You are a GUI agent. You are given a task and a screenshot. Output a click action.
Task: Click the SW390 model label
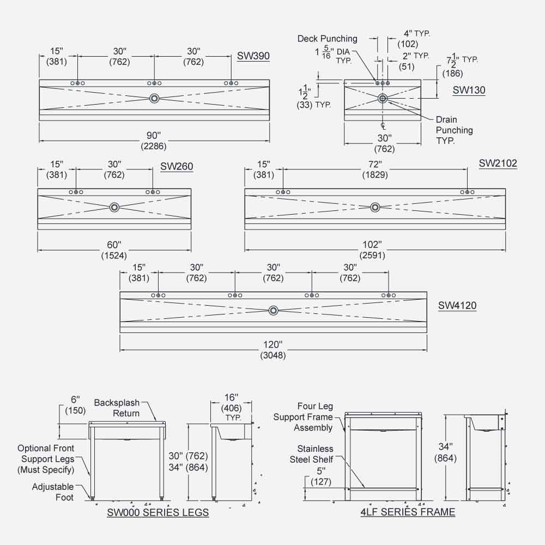[253, 56]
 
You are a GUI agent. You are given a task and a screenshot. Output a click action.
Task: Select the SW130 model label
[469, 90]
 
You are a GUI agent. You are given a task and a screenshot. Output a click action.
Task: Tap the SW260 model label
[177, 167]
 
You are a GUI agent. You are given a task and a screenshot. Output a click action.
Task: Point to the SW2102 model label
[498, 163]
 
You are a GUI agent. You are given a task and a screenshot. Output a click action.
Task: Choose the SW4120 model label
[457, 306]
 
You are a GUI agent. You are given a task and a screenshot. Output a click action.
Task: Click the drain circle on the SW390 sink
[155, 99]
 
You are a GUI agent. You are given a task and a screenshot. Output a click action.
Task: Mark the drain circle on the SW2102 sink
[375, 207]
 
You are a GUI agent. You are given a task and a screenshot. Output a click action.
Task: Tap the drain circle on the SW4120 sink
[274, 310]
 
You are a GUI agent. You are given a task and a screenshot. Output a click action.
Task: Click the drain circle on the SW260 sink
[114, 207]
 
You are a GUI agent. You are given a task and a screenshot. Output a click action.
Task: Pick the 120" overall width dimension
[273, 345]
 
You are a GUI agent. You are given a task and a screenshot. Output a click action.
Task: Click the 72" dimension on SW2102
[374, 164]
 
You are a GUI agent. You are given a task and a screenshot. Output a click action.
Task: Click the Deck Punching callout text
[327, 39]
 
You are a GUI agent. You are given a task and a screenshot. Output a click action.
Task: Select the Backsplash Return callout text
[117, 408]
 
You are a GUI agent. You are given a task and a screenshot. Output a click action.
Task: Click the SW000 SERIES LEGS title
[158, 512]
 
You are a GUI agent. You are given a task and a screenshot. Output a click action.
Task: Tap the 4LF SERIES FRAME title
[408, 512]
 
